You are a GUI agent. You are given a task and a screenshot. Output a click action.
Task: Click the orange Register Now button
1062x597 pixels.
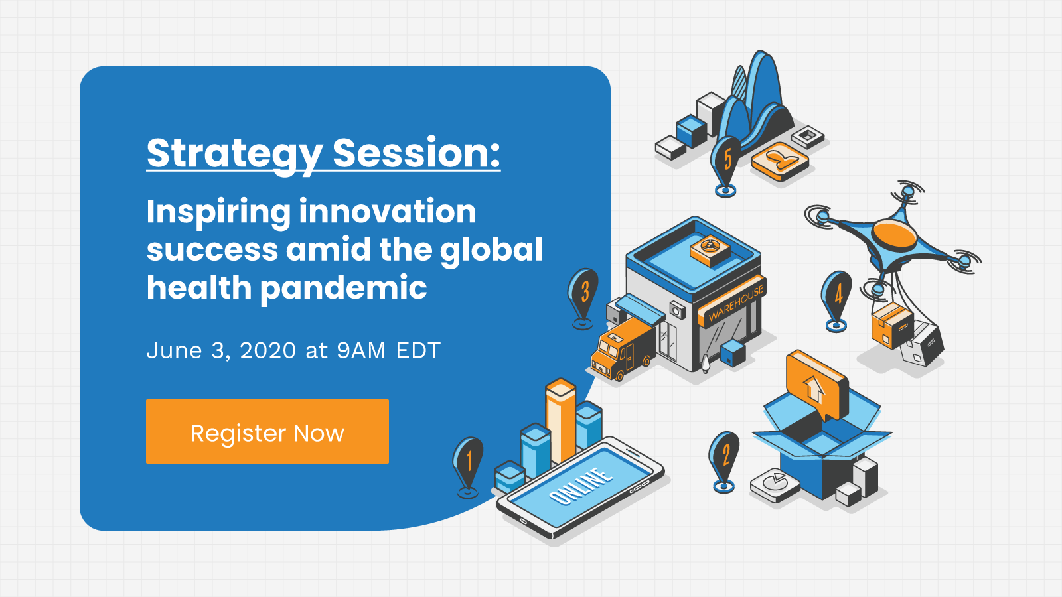[x=267, y=431]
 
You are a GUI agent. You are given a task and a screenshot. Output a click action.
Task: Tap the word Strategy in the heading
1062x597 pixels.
[x=235, y=154]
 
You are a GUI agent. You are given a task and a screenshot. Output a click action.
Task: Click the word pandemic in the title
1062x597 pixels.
[x=344, y=289]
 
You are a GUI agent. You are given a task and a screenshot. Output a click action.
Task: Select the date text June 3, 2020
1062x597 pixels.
[x=222, y=351]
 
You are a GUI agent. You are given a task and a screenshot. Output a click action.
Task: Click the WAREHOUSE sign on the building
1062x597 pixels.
[x=736, y=302]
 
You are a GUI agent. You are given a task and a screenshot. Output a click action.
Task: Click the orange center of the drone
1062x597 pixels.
[x=895, y=235]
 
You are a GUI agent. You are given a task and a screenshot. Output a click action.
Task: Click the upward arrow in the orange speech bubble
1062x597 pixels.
[x=814, y=388]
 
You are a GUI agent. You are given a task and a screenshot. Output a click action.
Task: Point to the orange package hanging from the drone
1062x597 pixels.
[x=892, y=326]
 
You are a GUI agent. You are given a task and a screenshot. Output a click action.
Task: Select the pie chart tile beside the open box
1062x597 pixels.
[x=775, y=485]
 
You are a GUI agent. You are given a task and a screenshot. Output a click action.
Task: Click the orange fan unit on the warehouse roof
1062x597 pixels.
[x=710, y=249]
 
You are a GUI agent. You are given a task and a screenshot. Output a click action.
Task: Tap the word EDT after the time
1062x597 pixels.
[x=418, y=351]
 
